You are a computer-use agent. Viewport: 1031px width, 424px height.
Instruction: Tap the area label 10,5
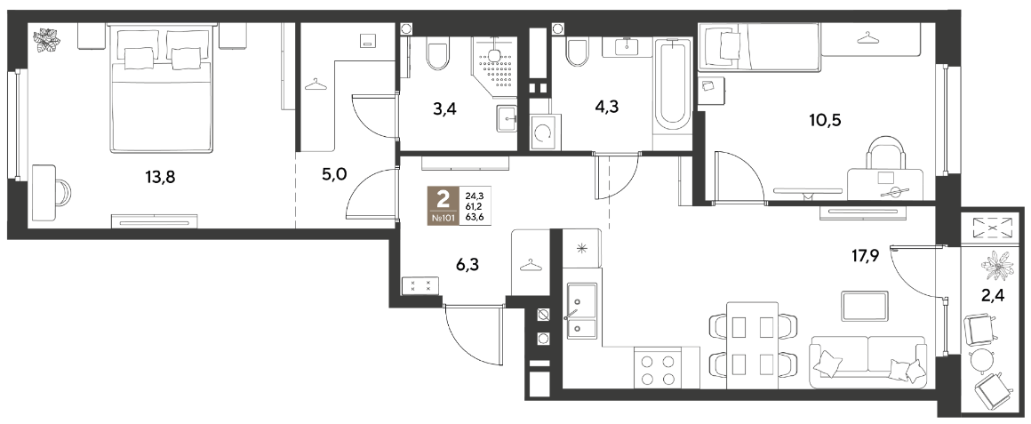pyautogui.click(x=826, y=120)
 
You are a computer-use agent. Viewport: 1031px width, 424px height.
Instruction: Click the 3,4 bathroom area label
pyautogui.click(x=445, y=109)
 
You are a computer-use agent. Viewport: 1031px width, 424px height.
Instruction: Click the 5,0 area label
pyautogui.click(x=335, y=175)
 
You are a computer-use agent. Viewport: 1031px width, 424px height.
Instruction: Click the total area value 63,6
pyautogui.click(x=473, y=219)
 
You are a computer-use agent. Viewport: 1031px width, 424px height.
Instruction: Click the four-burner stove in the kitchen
pyautogui.click(x=659, y=370)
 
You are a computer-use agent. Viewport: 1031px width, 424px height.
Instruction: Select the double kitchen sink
pyautogui.click(x=581, y=310)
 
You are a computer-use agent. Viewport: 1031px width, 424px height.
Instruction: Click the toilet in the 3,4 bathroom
pyautogui.click(x=436, y=54)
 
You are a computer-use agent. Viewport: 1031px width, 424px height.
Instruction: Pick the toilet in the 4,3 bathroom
pyautogui.click(x=577, y=52)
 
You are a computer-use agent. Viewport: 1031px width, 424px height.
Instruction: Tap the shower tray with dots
pyautogui.click(x=494, y=67)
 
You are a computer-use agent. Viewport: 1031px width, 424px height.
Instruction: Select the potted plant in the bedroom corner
pyautogui.click(x=48, y=40)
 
